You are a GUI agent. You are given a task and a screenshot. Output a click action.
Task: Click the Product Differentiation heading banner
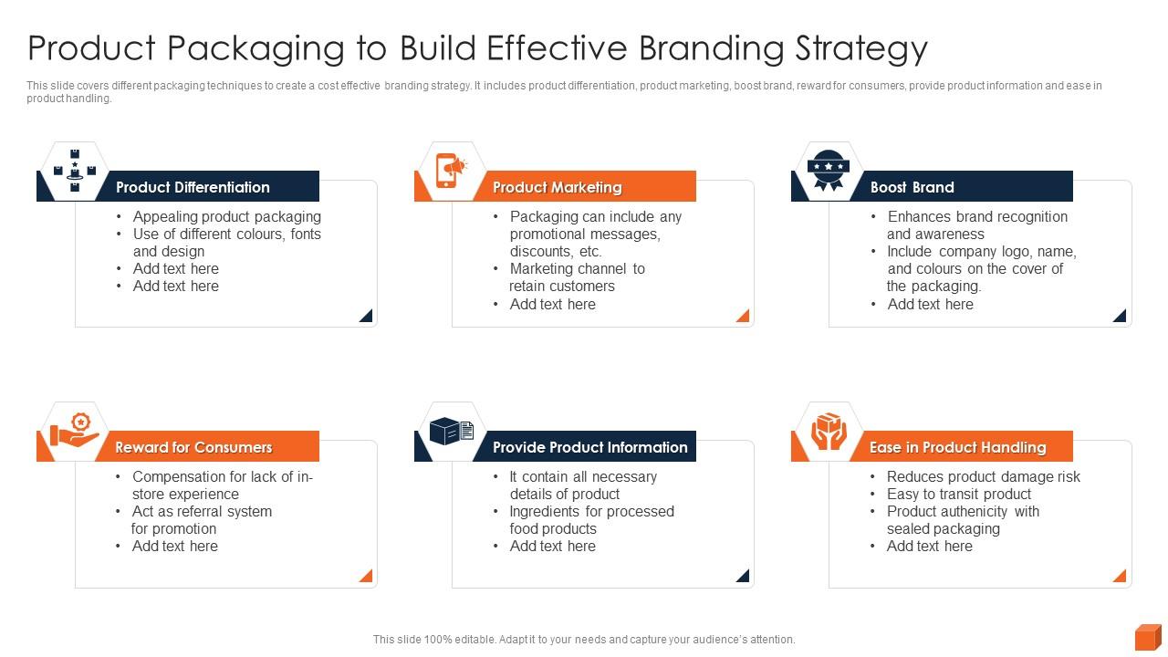[x=193, y=187]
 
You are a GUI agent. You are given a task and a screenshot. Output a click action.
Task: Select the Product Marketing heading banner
[x=557, y=187]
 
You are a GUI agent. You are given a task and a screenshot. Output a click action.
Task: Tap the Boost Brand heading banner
[x=912, y=187]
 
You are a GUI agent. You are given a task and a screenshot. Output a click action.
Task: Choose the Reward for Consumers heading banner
[x=193, y=447]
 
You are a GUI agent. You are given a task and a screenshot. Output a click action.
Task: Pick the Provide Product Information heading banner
[x=589, y=447]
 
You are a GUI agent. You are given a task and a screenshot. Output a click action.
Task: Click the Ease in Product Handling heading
[x=957, y=447]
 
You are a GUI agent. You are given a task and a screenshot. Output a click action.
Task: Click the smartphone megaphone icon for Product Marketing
[x=450, y=170]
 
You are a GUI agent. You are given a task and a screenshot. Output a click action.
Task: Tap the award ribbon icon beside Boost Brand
[x=828, y=171]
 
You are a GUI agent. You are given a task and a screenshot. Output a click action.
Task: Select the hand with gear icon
[x=75, y=431]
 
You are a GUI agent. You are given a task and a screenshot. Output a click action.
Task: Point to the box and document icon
[x=451, y=431]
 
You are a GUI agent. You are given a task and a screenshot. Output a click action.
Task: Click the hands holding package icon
[x=828, y=431]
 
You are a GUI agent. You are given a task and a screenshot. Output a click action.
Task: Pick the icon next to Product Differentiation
[x=74, y=171]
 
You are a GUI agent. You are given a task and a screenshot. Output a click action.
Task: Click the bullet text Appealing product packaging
[x=226, y=216]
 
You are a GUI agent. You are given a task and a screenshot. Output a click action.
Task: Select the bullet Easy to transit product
[x=958, y=494]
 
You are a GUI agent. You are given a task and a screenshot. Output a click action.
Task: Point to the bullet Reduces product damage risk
[x=983, y=476]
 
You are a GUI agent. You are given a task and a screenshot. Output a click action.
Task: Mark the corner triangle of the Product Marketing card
[x=744, y=316]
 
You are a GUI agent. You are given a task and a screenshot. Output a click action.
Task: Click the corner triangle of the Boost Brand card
[x=1121, y=316]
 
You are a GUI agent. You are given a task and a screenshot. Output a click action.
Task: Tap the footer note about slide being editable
[x=584, y=640]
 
